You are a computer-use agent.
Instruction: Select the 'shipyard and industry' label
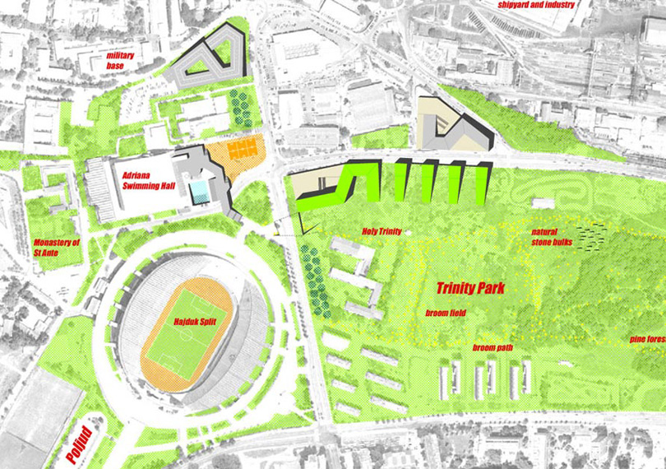(535, 5)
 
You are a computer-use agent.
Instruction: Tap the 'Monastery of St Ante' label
(57, 248)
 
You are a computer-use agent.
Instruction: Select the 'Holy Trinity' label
(382, 232)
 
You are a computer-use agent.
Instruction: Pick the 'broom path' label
(493, 348)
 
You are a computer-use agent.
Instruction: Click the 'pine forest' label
(647, 339)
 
